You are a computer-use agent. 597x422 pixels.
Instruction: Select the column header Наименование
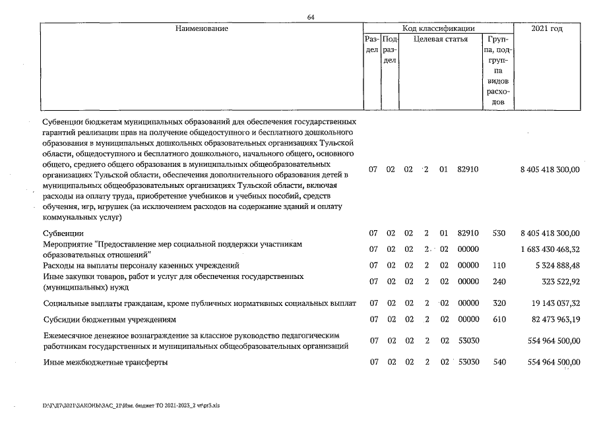201,29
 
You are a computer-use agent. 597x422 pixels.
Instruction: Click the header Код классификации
438,29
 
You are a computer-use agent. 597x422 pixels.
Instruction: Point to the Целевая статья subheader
440,40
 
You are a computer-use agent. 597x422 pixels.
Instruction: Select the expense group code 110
498,266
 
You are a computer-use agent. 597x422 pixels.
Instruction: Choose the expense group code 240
498,282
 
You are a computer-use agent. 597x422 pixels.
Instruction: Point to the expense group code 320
498,303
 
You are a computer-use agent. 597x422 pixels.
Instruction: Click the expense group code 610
498,320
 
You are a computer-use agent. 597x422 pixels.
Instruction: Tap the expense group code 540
498,363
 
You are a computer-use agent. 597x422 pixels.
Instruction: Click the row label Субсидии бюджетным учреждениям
110,320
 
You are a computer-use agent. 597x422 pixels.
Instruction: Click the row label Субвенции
63,233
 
